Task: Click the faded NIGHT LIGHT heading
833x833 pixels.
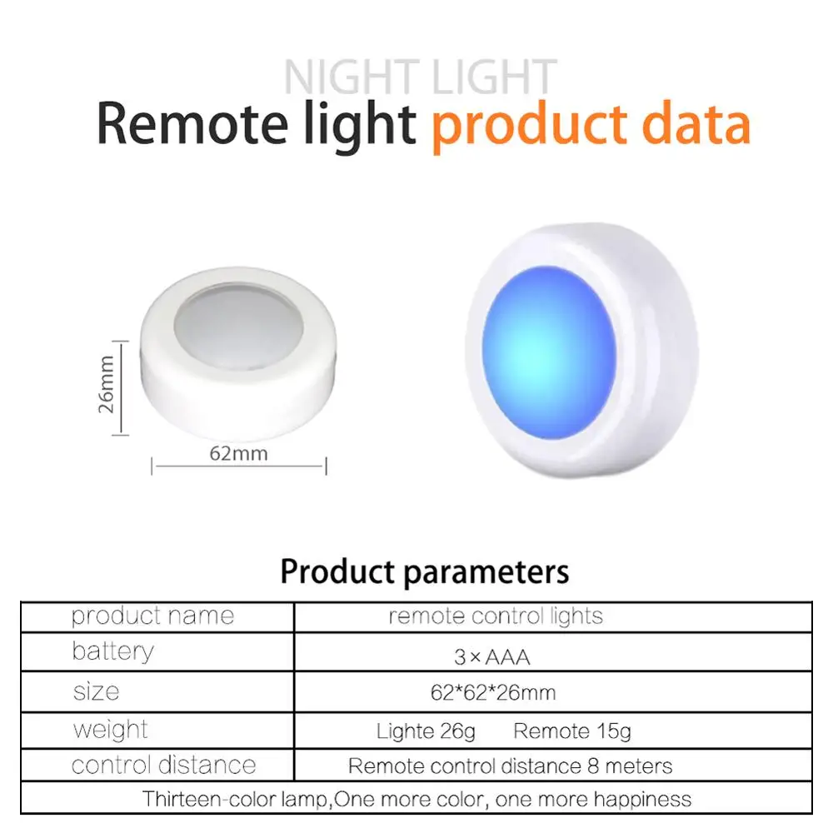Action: pyautogui.click(x=420, y=77)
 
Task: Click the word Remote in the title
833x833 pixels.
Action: pyautogui.click(x=192, y=124)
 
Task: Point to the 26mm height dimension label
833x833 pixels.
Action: pyautogui.click(x=107, y=384)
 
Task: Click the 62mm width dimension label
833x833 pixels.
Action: pyautogui.click(x=238, y=454)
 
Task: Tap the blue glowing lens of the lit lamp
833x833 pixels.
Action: pyautogui.click(x=549, y=352)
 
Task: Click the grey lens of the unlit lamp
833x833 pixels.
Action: pyautogui.click(x=238, y=326)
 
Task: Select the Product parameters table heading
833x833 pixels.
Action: pyautogui.click(x=425, y=572)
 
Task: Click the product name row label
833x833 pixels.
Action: pyautogui.click(x=153, y=616)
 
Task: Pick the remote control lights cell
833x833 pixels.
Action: pyautogui.click(x=496, y=616)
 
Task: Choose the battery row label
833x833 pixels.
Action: pyautogui.click(x=112, y=651)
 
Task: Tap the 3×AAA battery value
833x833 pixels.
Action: pyautogui.click(x=492, y=658)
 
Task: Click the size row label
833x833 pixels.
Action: pyautogui.click(x=96, y=691)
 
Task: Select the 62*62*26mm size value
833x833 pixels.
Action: pyautogui.click(x=493, y=693)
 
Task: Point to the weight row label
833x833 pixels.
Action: pyautogui.click(x=111, y=730)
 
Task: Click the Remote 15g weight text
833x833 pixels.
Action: pyautogui.click(x=572, y=731)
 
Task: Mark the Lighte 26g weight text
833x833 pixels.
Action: pyautogui.click(x=426, y=731)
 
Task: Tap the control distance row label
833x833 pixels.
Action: pyautogui.click(x=163, y=766)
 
